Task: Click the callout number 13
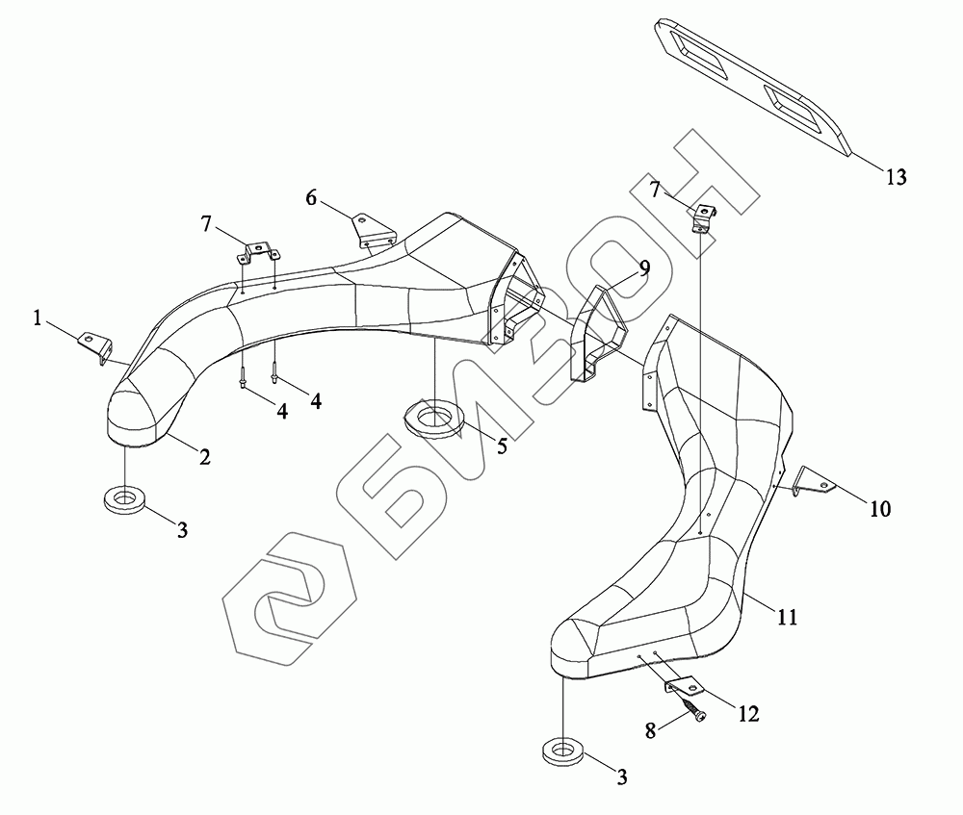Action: (896, 177)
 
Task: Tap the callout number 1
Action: (38, 318)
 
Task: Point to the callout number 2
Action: (204, 457)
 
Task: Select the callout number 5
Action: (503, 446)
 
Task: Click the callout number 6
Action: (311, 197)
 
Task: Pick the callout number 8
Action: (650, 730)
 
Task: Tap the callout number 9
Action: (643, 268)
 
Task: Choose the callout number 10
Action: (880, 509)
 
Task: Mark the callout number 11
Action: (787, 617)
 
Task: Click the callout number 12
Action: (748, 714)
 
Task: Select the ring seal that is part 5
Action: (434, 418)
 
